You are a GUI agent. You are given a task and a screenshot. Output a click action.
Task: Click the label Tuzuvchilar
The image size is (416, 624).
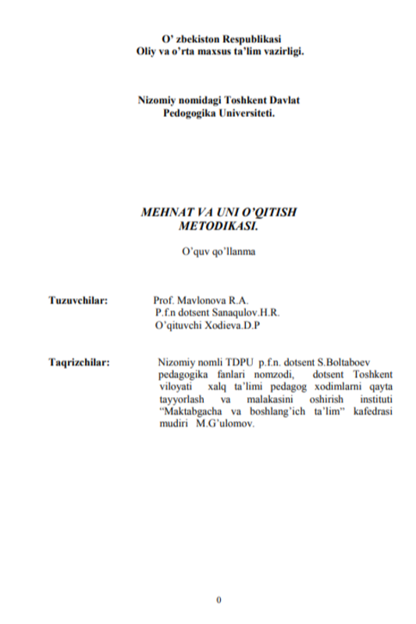[77, 299]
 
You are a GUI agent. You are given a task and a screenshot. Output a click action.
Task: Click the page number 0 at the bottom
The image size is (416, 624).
[219, 599]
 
